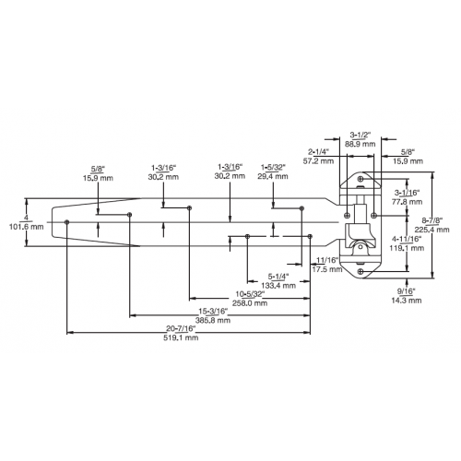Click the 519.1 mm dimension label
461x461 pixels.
pos(181,337)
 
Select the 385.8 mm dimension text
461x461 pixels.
pos(213,320)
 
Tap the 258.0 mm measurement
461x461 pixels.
pos(250,303)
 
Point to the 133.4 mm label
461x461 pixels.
pos(278,286)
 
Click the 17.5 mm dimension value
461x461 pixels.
pos(327,269)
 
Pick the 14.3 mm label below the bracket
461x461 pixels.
pos(407,301)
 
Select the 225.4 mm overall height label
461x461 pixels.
pos(431,230)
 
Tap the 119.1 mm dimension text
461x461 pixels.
pos(407,248)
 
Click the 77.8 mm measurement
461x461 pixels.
pos(407,202)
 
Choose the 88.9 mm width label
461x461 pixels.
pos(360,144)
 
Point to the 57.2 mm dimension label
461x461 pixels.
pos(318,160)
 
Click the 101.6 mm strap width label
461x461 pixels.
pos(27,227)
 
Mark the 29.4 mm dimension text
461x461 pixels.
pos(273,176)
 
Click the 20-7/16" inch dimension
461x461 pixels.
pos(181,328)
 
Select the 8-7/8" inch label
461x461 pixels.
pos(432,220)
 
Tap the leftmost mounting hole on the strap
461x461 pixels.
pos(67,222)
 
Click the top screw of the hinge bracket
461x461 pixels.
pos(361,179)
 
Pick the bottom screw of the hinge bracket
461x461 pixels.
pos(361,271)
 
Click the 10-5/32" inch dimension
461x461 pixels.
pos(250,294)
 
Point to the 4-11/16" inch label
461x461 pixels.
pos(407,239)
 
